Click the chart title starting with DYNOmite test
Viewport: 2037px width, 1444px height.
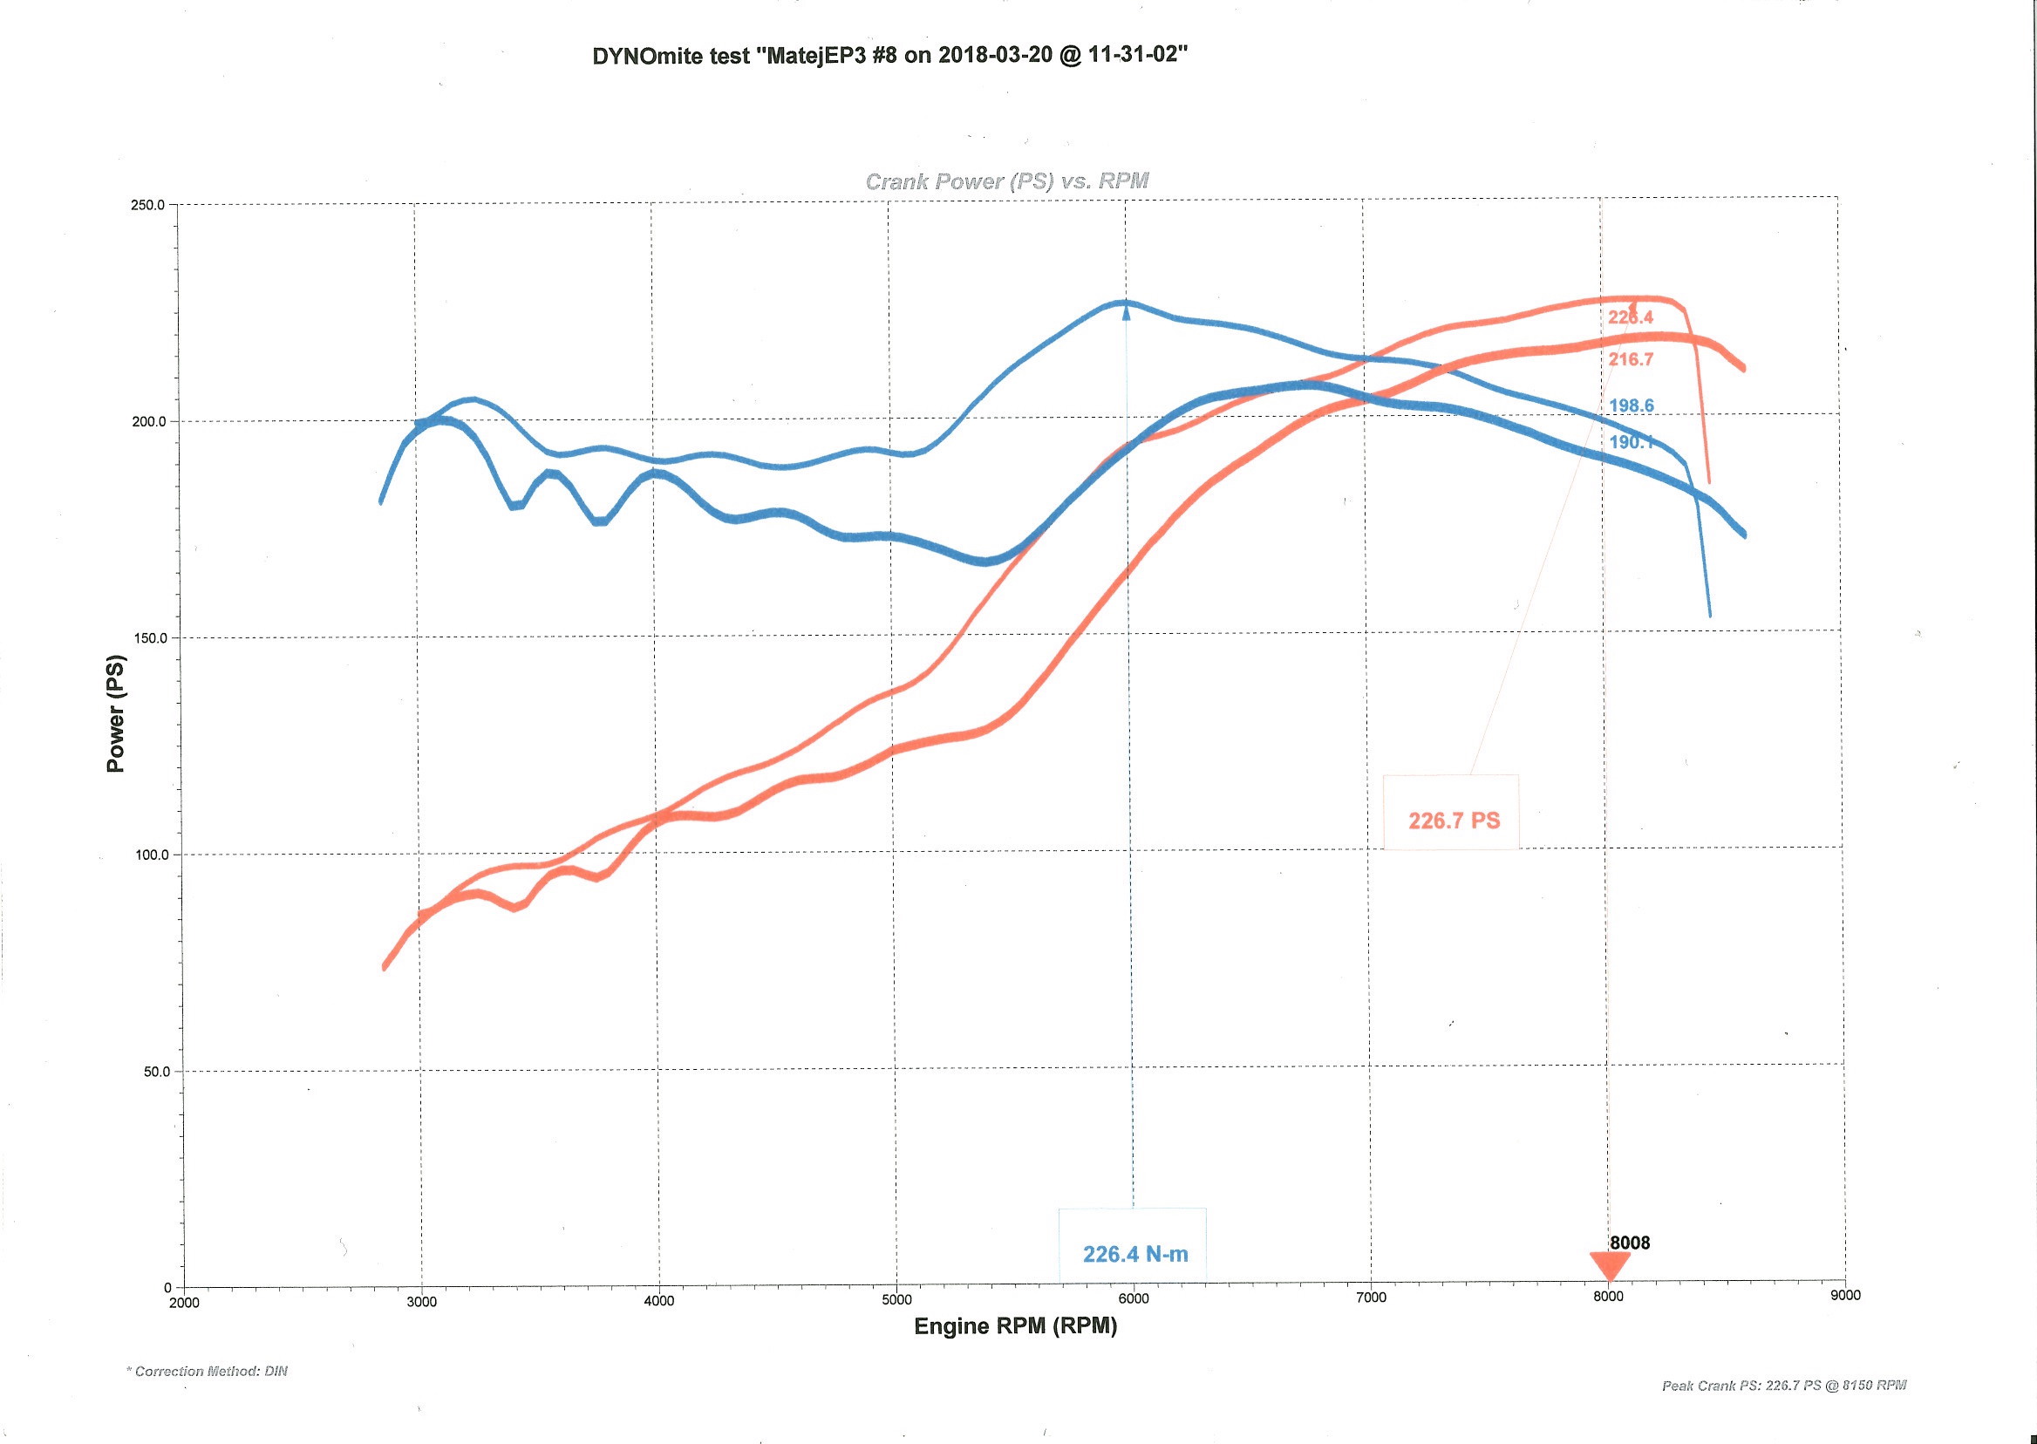[890, 55]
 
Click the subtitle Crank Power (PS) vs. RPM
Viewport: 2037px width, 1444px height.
[1006, 181]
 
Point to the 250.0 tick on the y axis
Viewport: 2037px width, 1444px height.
[148, 206]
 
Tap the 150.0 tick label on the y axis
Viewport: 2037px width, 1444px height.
[148, 638]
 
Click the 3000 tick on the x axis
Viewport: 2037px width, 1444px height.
[421, 1302]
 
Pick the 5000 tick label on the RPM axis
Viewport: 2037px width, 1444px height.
[896, 1300]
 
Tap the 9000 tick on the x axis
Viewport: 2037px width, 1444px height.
[1845, 1295]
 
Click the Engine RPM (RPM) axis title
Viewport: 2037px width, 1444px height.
[1015, 1326]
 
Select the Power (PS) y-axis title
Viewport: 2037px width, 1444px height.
[116, 713]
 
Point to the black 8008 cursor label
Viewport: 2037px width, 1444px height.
[1630, 1243]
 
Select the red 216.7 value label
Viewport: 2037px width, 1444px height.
[1631, 359]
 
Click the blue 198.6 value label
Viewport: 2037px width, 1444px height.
[1631, 406]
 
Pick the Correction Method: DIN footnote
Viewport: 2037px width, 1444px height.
[208, 1371]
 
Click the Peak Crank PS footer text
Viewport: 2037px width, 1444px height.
[1783, 1385]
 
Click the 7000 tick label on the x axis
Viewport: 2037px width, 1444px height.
[1371, 1298]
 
